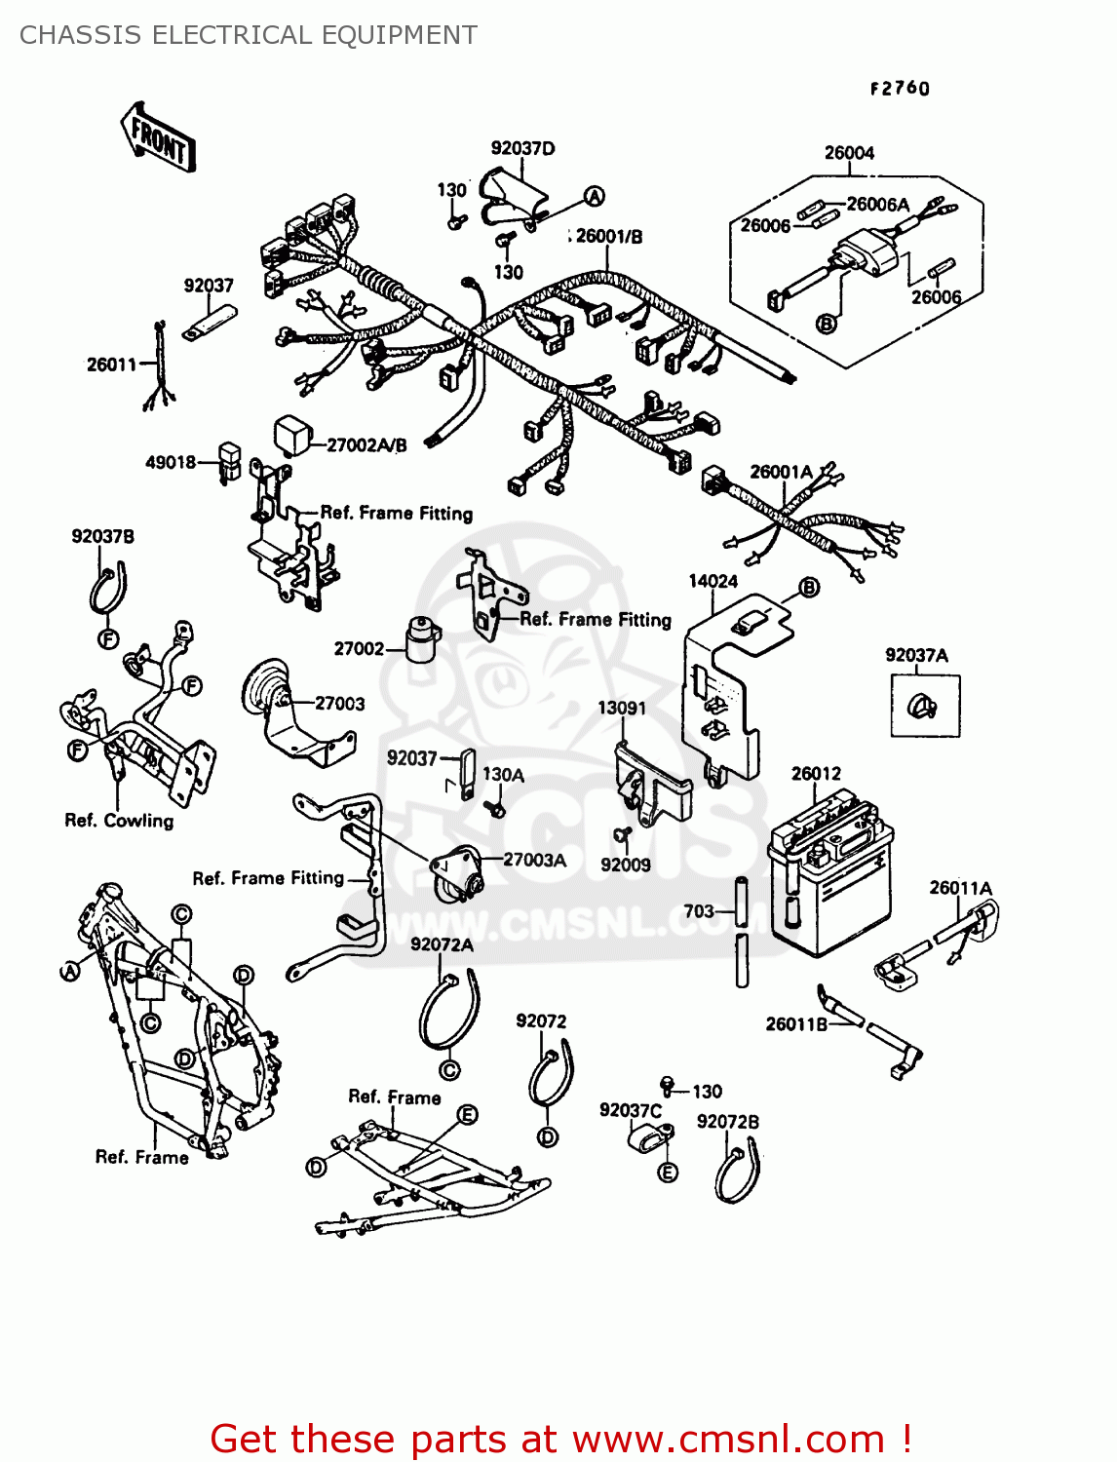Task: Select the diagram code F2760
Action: [900, 89]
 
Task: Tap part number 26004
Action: [849, 153]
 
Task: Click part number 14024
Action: [713, 582]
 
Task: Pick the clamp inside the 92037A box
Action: [922, 706]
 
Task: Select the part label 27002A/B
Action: [366, 445]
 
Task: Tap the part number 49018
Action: [171, 462]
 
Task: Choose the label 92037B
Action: [102, 537]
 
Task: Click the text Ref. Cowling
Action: [119, 821]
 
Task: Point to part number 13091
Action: [622, 708]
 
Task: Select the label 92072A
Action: [442, 944]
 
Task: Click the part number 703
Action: [699, 911]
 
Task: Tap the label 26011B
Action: [796, 1023]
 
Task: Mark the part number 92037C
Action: [630, 1111]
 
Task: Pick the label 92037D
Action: [522, 148]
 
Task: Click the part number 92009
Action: [625, 865]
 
